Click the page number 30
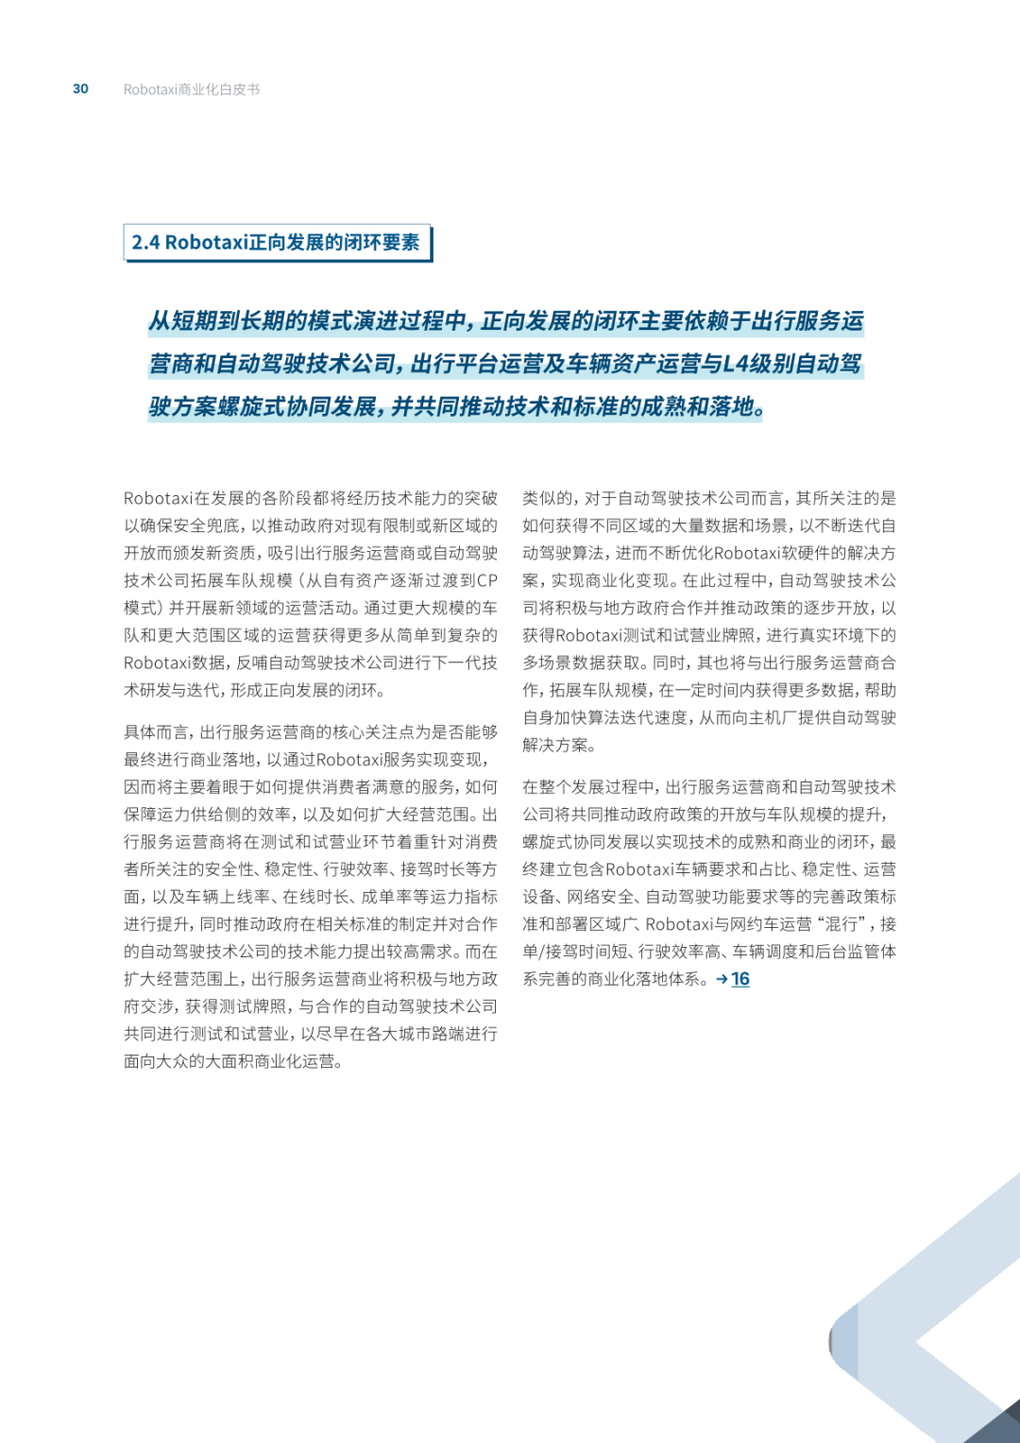80,89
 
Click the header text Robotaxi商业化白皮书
192,90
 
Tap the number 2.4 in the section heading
145,243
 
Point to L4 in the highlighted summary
736,364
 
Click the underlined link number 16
740,979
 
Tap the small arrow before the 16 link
722,979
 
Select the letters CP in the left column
486,580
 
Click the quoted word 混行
841,924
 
